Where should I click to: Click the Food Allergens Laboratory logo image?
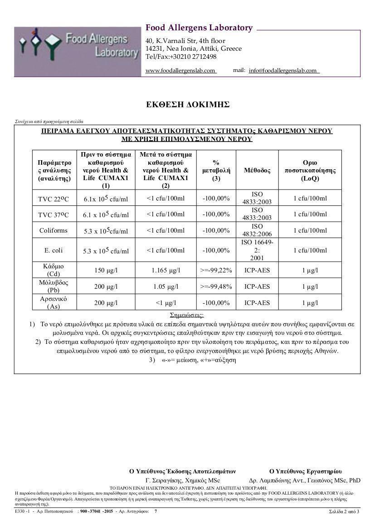[x=77, y=52]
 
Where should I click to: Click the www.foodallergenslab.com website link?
[x=180, y=71]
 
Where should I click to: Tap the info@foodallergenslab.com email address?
[x=283, y=71]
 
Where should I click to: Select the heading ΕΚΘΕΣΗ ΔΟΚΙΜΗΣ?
[x=187, y=105]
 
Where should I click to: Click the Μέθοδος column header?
[x=257, y=171]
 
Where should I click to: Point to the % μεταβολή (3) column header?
[x=216, y=170]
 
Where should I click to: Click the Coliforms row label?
[x=53, y=230]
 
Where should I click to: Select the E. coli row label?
[x=53, y=250]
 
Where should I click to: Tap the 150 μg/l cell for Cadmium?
[x=106, y=270]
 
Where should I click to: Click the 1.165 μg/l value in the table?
[x=166, y=270]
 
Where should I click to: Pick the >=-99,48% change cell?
[x=216, y=286]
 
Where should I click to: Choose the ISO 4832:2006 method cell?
[x=257, y=230]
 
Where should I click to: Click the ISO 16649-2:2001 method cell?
[x=257, y=250]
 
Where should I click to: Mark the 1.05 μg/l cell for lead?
[x=166, y=286]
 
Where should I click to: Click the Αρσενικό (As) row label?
[x=54, y=303]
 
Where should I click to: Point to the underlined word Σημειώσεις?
[x=187, y=315]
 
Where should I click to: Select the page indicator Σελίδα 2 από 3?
[x=344, y=511]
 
